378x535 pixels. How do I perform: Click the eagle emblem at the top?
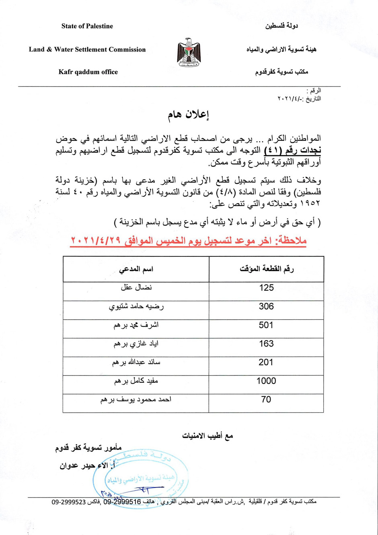(x=189, y=53)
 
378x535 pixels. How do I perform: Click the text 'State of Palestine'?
(x=87, y=26)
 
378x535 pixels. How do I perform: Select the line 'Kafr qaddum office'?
(x=88, y=72)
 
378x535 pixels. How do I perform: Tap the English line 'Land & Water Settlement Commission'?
(x=87, y=50)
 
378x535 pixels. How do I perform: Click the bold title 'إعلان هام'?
(x=189, y=115)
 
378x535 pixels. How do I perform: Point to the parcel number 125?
(x=266, y=288)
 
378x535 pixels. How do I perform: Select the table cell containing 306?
(x=266, y=306)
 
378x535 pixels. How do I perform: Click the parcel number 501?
(x=266, y=325)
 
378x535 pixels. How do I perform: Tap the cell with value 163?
(x=266, y=344)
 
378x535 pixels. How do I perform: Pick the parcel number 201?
(x=266, y=362)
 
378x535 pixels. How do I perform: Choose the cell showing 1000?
(x=266, y=381)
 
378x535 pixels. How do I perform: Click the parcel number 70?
(x=266, y=400)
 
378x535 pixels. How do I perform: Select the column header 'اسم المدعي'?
(x=136, y=269)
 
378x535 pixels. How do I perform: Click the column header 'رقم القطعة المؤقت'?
(x=266, y=269)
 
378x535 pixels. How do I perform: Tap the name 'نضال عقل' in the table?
(x=136, y=288)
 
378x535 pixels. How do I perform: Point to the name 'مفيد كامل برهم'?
(x=136, y=381)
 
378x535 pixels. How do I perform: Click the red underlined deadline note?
(x=189, y=241)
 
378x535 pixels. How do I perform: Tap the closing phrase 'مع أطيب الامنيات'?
(x=207, y=436)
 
